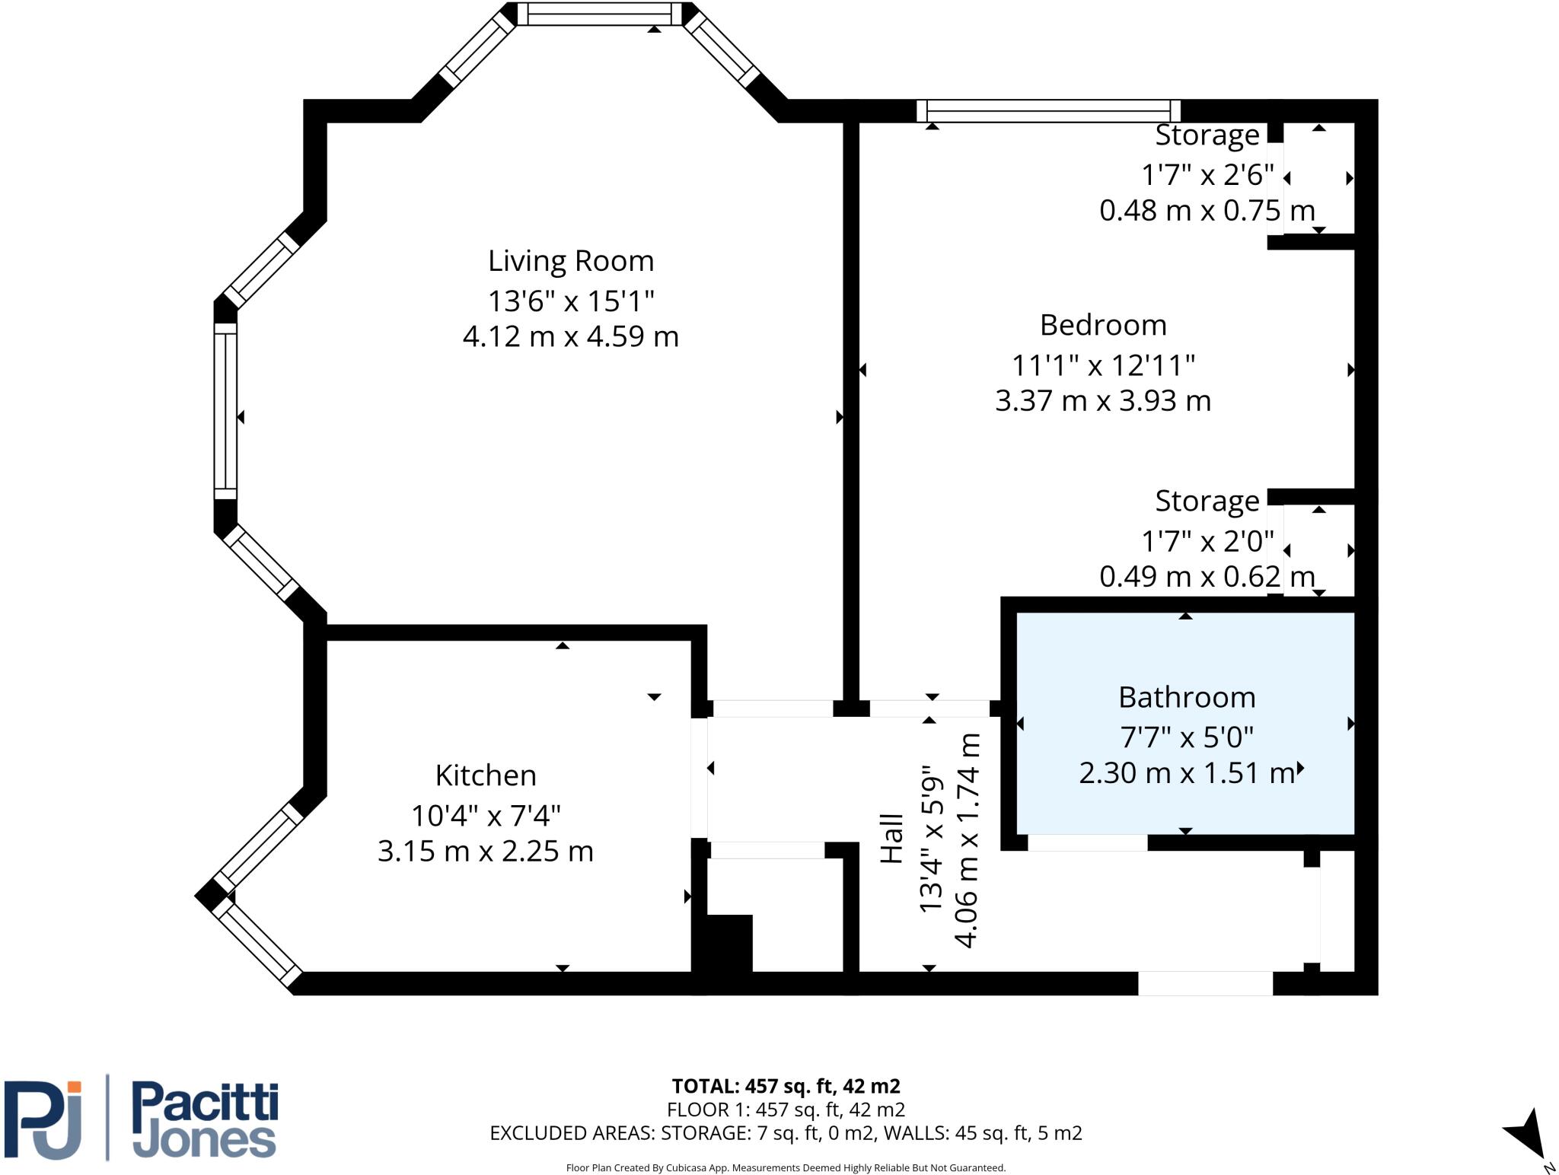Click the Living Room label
[571, 261]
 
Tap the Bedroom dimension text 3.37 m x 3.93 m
[1102, 400]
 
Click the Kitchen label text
[486, 775]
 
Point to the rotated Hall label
[892, 839]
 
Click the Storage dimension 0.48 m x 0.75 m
[1207, 210]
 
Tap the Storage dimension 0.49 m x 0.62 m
[1207, 576]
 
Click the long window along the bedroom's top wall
[1048, 111]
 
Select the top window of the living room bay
[600, 14]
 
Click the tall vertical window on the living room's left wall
[225, 411]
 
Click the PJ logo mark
[43, 1119]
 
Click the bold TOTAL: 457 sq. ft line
[786, 1086]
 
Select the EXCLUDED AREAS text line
[786, 1133]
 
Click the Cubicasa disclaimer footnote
[786, 1167]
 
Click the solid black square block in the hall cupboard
[729, 944]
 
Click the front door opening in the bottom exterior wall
[1205, 983]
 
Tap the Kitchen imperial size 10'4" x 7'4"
[486, 816]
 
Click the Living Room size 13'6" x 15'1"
[571, 301]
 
